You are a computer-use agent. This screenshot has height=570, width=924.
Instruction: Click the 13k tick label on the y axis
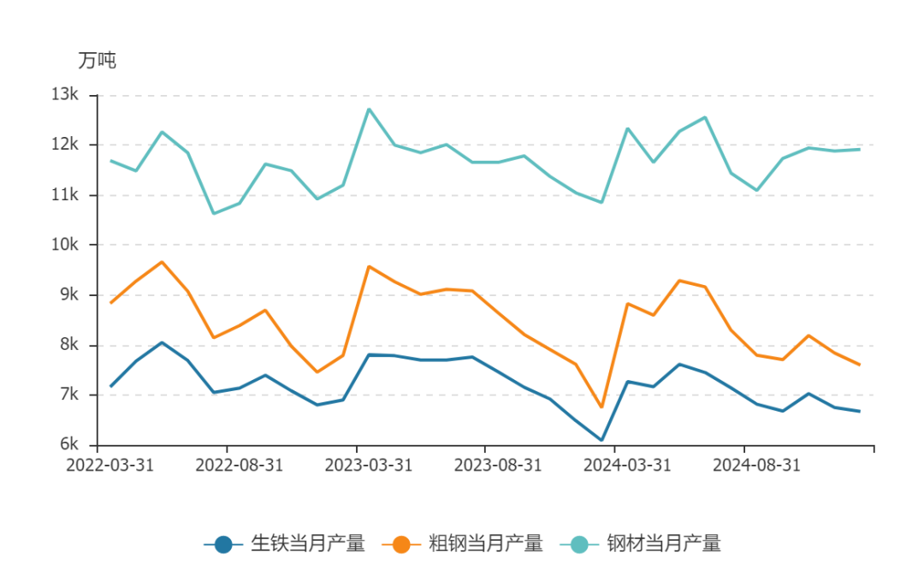pyautogui.click(x=66, y=94)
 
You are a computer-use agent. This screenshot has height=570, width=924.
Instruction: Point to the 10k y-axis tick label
pyautogui.click(x=66, y=245)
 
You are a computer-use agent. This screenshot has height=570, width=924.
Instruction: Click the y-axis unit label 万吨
pyautogui.click(x=97, y=61)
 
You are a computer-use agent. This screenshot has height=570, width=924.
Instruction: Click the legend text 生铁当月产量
pyautogui.click(x=307, y=543)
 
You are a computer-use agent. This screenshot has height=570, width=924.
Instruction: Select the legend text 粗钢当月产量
pyautogui.click(x=485, y=543)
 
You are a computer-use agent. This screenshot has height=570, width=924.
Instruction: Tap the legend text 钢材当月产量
pyautogui.click(x=664, y=543)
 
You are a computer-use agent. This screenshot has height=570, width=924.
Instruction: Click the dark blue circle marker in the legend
pyautogui.click(x=223, y=543)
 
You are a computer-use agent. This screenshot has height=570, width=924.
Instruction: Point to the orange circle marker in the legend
pyautogui.click(x=401, y=543)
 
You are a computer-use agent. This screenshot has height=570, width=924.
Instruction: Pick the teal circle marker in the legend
pyautogui.click(x=580, y=543)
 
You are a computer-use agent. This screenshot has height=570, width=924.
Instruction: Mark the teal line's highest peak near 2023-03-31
pyautogui.click(x=369, y=109)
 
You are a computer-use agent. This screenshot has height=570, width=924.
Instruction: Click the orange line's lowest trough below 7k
pyautogui.click(x=601, y=407)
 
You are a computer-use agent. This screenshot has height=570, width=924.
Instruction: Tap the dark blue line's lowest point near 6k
pyautogui.click(x=601, y=441)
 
